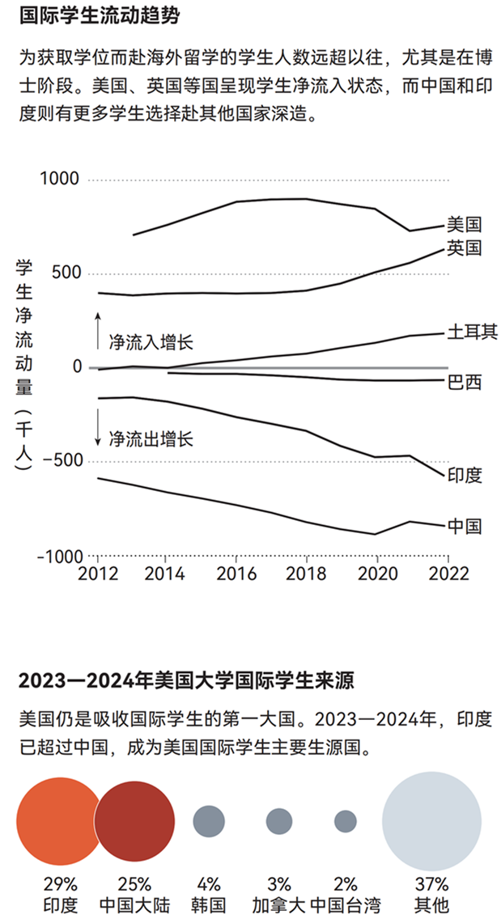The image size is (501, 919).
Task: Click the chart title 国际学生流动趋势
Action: [99, 15]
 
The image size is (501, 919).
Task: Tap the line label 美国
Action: [465, 223]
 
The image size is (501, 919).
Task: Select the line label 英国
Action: [465, 248]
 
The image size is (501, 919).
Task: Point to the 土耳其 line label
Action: [473, 332]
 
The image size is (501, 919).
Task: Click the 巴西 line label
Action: [465, 381]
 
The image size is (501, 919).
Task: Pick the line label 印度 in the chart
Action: [465, 475]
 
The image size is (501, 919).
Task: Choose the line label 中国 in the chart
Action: [465, 526]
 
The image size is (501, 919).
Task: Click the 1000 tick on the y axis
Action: [59, 179]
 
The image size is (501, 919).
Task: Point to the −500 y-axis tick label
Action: [59, 461]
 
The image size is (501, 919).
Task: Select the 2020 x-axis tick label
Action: [376, 573]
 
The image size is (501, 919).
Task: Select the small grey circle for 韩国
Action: [208, 821]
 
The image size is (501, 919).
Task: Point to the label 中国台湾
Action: [346, 904]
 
